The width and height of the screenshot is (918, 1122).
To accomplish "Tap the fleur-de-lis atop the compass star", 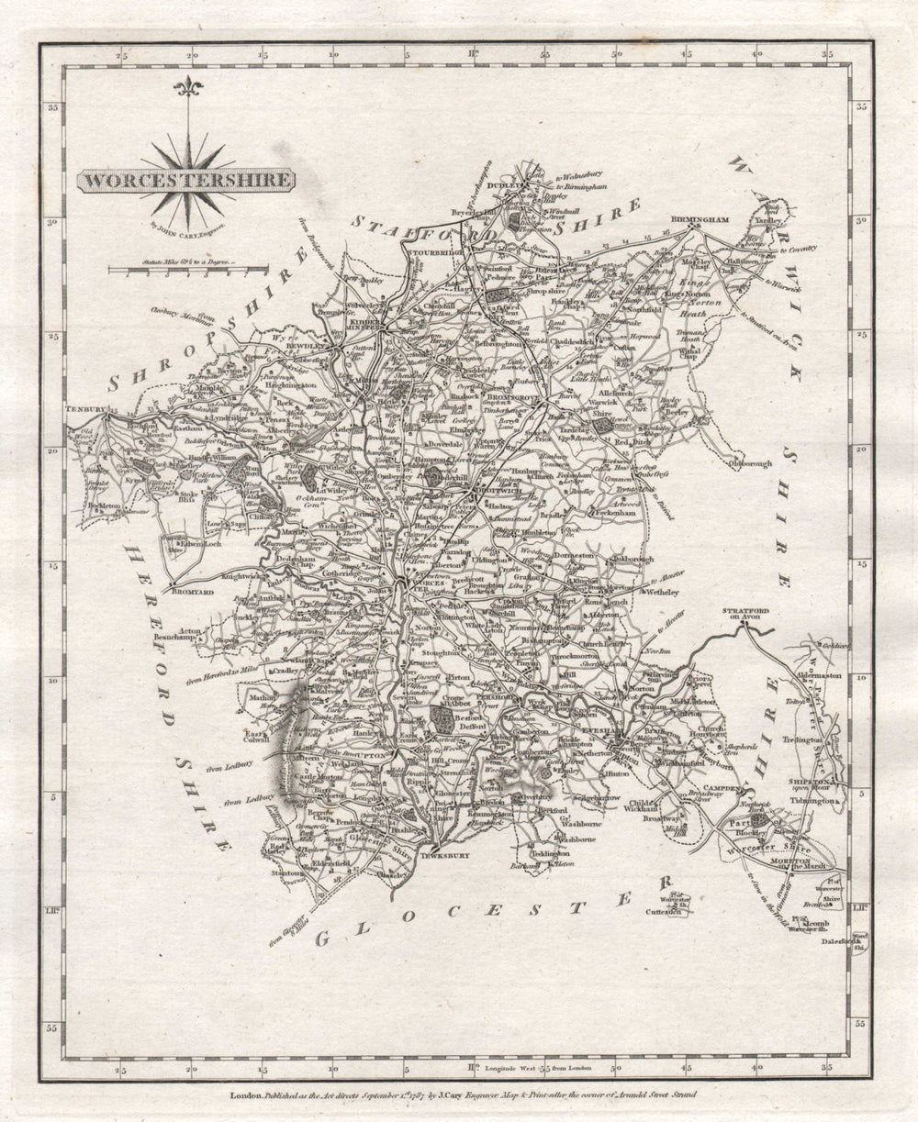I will (189, 88).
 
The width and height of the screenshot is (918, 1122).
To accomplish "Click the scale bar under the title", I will (188, 270).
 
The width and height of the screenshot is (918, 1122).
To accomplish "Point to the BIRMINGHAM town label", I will (700, 220).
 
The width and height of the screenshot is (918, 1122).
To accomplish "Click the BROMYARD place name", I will (192, 593).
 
